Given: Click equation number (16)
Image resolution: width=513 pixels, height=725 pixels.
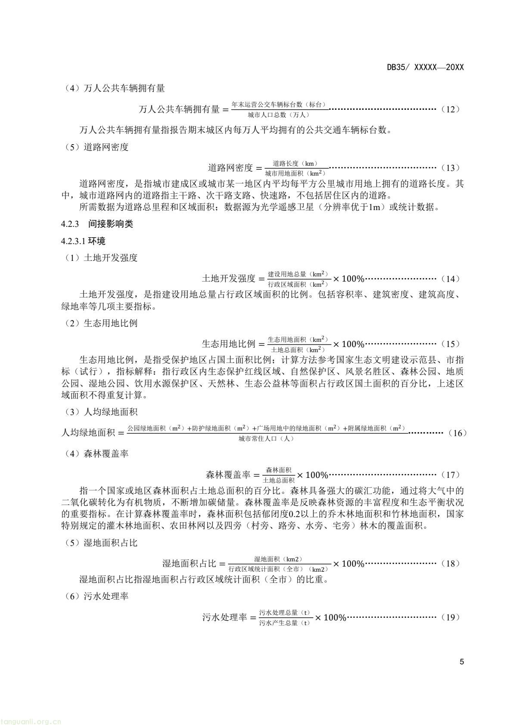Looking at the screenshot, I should (x=457, y=433).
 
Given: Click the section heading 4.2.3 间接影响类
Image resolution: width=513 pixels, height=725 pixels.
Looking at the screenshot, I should (x=97, y=224).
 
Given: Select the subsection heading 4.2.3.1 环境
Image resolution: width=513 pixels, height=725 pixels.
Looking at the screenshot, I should (x=83, y=241).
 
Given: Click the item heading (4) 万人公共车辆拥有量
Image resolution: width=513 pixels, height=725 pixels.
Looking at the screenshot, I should (x=113, y=89).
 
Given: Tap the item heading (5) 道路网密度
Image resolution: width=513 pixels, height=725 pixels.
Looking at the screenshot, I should (x=95, y=147).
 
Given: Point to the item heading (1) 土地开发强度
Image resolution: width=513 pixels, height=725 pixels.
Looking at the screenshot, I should (x=99, y=258).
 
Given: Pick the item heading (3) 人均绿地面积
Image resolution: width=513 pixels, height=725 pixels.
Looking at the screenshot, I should (x=99, y=412).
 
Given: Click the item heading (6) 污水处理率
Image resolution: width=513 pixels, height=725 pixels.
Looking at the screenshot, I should (x=95, y=597).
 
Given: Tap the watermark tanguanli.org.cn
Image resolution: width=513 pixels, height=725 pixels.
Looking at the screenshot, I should (x=31, y=719).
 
